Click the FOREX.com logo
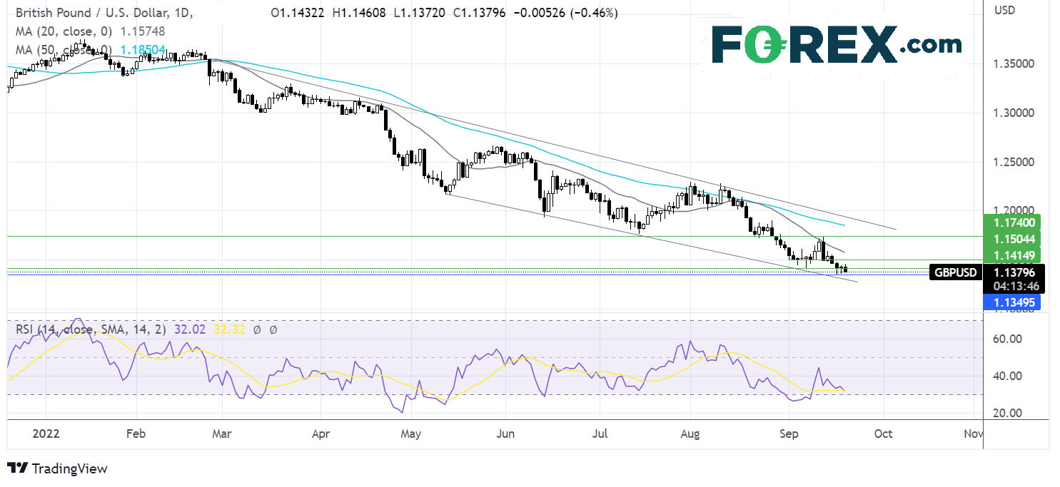[836, 45]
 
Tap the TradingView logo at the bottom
[57, 468]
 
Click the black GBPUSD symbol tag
[956, 272]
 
